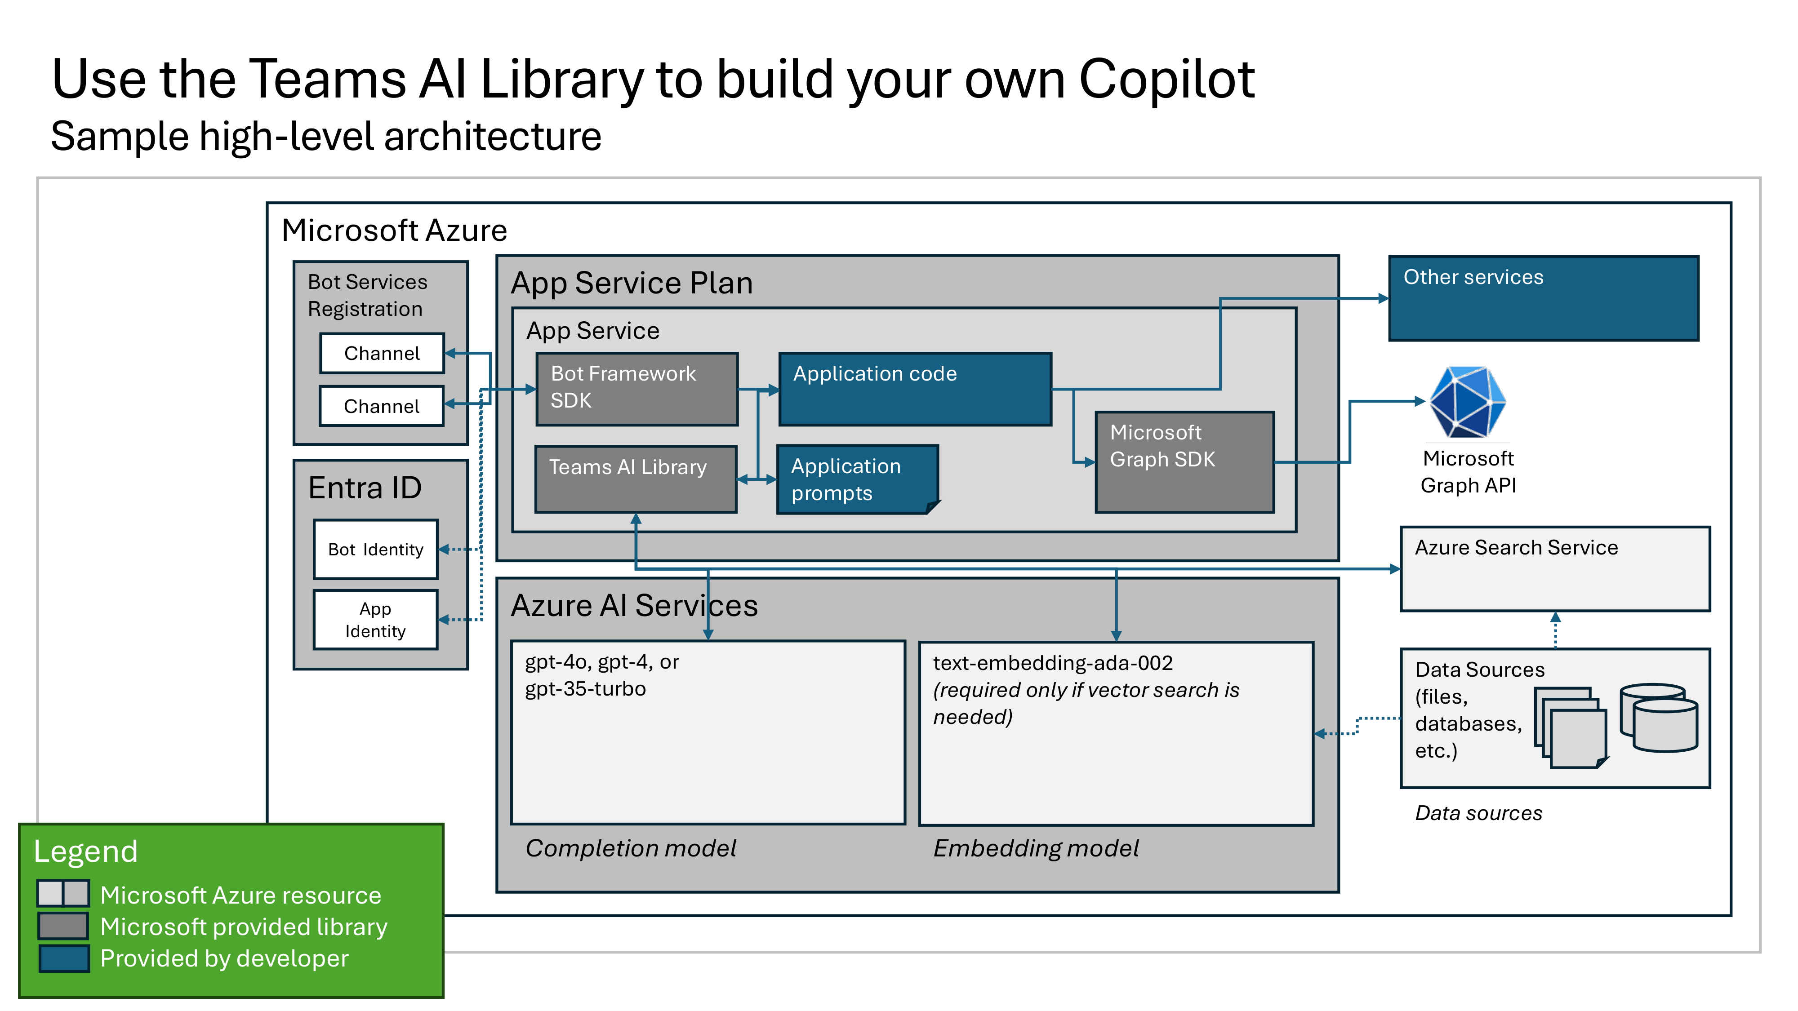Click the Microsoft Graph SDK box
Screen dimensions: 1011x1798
[1184, 462]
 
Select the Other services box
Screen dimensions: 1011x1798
[1543, 299]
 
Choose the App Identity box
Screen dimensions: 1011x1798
[375, 620]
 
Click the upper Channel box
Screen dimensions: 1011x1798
[382, 354]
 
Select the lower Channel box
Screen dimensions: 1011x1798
[382, 406]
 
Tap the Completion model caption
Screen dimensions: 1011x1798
[630, 848]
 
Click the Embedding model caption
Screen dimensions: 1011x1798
[1036, 848]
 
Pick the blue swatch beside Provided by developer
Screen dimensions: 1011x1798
[63, 959]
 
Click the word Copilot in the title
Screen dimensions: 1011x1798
[1166, 79]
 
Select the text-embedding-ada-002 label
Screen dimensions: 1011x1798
[1053, 663]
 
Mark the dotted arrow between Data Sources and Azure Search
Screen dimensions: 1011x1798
[1555, 631]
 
